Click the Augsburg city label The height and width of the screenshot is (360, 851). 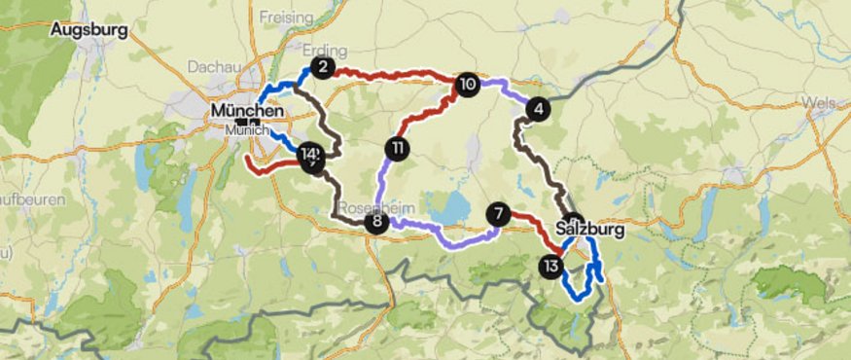click(90, 30)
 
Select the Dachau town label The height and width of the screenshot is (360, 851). click(208, 67)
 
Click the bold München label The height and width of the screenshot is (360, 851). click(246, 112)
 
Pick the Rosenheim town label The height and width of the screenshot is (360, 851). click(370, 208)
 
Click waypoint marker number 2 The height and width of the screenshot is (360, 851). click(323, 68)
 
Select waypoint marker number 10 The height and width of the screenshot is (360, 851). click(467, 85)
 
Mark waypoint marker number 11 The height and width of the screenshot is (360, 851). click(397, 149)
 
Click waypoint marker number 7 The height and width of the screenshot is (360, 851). click(499, 213)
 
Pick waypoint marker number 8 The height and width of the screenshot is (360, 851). click(375, 223)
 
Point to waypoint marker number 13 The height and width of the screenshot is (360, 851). click(551, 266)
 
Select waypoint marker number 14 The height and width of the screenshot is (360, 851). click(309, 154)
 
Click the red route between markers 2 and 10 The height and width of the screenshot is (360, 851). click(399, 73)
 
